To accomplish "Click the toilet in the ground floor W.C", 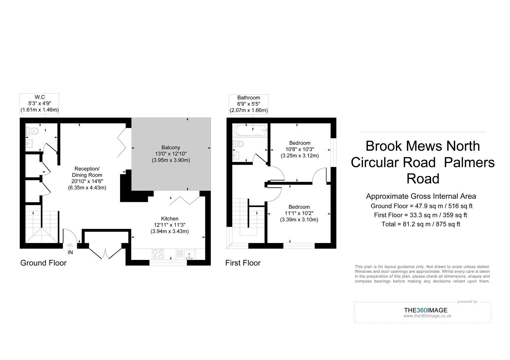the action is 32,131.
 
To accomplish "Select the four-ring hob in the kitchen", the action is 158,254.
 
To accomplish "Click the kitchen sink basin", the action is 189,255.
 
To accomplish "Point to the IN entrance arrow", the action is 70,247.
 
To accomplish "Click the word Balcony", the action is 171,148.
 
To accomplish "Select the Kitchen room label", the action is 170,219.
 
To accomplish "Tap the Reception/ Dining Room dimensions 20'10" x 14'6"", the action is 87,181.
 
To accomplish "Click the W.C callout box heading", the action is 40,97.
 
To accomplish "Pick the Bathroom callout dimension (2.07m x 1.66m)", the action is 249,110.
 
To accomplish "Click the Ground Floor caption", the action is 43,263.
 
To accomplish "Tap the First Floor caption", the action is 243,263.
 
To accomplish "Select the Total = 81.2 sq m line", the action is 421,224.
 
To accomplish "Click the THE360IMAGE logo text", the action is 426,310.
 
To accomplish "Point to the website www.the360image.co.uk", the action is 427,316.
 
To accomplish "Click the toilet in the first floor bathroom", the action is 238,144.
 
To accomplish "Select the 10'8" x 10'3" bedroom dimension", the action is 300,149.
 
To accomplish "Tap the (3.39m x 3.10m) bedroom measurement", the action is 299,220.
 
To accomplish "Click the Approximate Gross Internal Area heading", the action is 421,196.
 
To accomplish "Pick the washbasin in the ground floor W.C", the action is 29,143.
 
